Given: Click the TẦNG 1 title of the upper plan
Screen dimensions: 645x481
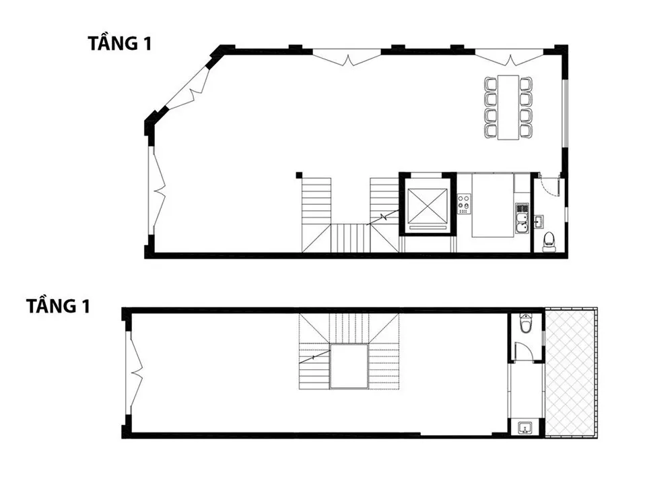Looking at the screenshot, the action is click(120, 43).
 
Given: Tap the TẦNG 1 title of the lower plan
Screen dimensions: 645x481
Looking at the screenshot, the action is click(58, 306).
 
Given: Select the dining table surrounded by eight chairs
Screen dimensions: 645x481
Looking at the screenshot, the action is click(508, 107).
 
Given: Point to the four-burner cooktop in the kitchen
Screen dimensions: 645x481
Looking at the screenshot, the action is click(464, 203).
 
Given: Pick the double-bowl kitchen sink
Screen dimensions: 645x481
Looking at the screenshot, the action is click(522, 218).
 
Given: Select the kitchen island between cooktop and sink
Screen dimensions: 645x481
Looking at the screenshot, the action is click(493, 205).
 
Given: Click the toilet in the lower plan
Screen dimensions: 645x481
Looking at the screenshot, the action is click(526, 322).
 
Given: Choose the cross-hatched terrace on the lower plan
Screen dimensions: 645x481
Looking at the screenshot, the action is click(570, 373).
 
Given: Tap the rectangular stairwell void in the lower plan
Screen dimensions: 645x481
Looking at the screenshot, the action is click(349, 366).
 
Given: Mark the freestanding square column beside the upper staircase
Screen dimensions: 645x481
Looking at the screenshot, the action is click(299, 175).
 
